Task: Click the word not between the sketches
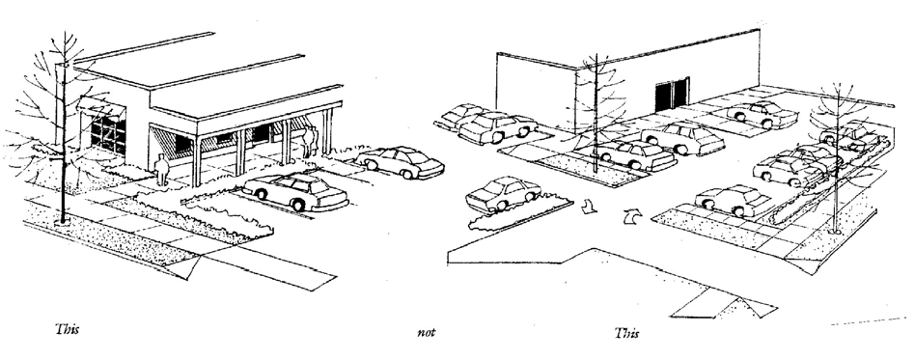pyautogui.click(x=426, y=333)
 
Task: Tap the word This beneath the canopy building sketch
pyautogui.click(x=68, y=329)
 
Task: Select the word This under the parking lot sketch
pyautogui.click(x=626, y=333)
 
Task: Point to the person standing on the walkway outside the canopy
pyautogui.click(x=161, y=170)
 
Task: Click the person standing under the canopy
pyautogui.click(x=311, y=141)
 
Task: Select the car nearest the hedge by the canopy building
pyautogui.click(x=295, y=191)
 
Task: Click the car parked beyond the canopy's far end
pyautogui.click(x=400, y=161)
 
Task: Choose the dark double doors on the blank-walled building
pyautogui.click(x=672, y=96)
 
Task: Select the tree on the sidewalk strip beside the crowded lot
pyautogui.click(x=838, y=157)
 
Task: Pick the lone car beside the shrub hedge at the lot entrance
pyautogui.click(x=503, y=194)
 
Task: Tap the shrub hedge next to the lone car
pyautogui.click(x=520, y=214)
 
